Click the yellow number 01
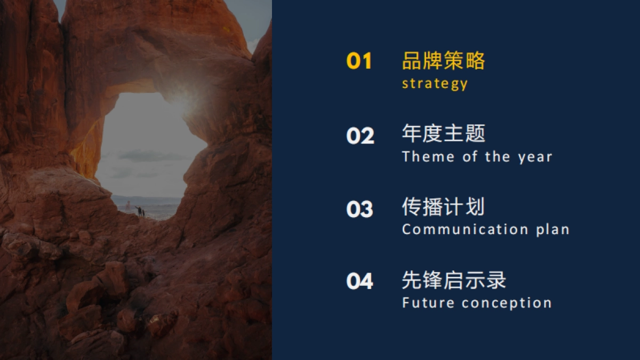pos(359,61)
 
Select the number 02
pos(360,135)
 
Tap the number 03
pos(359,209)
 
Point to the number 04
pos(359,281)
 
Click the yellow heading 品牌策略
pos(443,61)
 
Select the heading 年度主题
pos(443,133)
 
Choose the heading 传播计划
pos(443,206)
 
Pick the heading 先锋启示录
pos(454,280)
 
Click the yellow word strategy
pos(435,84)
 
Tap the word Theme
pos(428,157)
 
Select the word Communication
pos(465,229)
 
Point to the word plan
pos(553,230)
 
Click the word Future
pos(428,303)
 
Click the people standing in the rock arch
pos(140,212)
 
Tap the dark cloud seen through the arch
pos(151,156)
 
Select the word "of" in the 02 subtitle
pos(470,157)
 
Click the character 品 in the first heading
pos(412,61)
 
